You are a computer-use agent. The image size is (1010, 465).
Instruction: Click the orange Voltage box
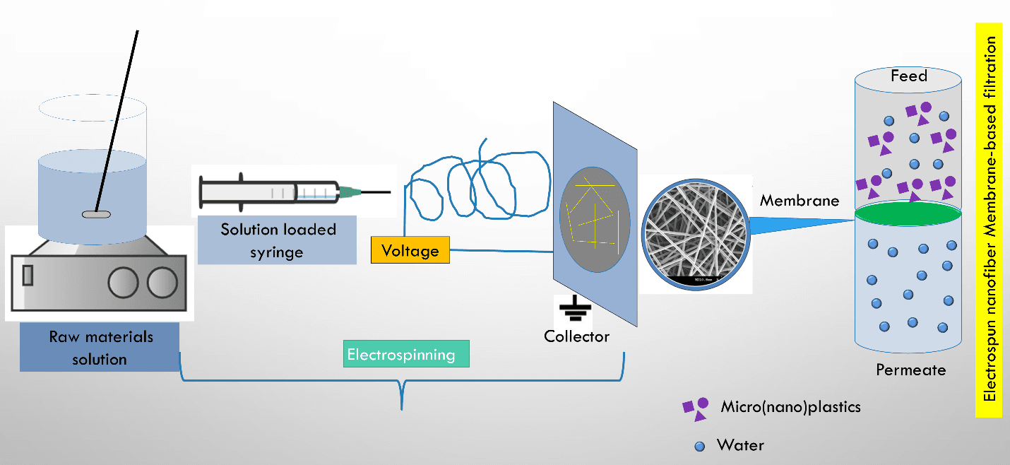point(410,250)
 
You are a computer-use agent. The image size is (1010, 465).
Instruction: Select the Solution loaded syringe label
point(277,240)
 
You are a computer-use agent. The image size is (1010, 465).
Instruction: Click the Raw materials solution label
point(99,348)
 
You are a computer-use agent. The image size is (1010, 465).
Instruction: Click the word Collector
point(576,336)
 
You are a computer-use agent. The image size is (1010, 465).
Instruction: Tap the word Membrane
point(800,201)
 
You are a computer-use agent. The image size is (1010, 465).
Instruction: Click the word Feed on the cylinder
point(909,76)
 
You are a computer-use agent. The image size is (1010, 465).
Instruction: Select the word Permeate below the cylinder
point(910,370)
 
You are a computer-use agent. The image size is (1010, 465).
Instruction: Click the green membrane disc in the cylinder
point(908,214)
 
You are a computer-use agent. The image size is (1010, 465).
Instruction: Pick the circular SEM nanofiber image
point(696,233)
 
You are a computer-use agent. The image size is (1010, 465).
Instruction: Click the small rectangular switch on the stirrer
point(28,274)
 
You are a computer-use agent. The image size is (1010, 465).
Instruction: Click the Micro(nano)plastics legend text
point(790,407)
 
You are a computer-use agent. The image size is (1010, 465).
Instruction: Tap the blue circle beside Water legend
point(700,446)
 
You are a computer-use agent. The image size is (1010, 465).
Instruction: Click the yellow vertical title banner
point(988,220)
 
